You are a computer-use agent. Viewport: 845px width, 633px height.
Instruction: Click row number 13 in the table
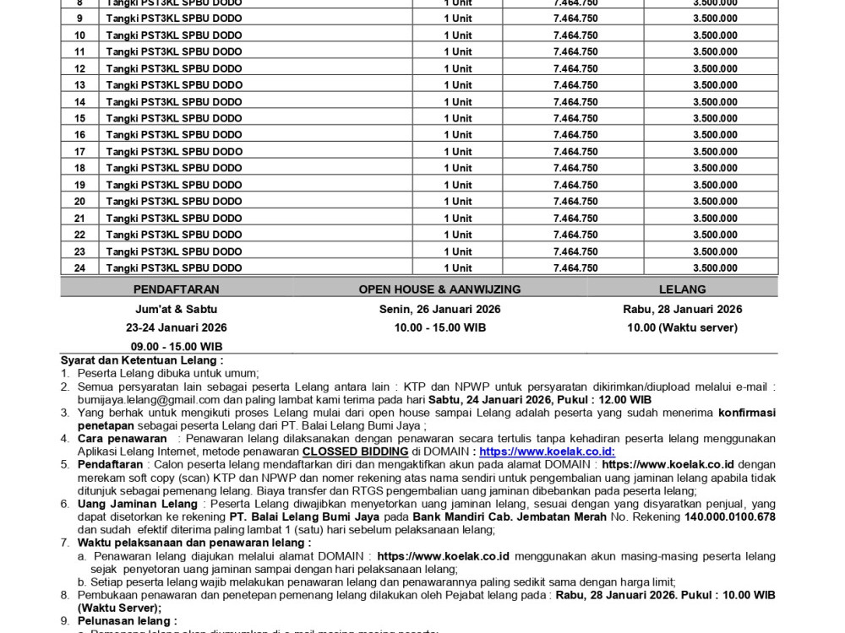79,85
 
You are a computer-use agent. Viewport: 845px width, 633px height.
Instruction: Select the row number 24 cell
79,268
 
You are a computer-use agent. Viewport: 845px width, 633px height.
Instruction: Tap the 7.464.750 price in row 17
575,152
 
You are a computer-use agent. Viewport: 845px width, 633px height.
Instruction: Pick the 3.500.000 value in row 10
715,35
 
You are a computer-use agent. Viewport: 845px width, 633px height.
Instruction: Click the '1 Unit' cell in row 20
458,202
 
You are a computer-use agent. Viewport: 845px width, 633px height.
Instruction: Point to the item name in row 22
174,235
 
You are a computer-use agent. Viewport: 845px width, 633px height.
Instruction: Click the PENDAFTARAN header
177,289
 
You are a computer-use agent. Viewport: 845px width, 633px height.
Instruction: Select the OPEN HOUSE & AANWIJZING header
439,289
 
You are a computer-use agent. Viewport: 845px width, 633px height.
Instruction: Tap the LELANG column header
682,289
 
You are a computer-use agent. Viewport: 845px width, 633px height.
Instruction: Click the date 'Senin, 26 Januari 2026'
439,309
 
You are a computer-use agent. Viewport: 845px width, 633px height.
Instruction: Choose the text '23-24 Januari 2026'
177,327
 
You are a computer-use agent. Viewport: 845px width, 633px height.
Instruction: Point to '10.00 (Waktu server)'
682,327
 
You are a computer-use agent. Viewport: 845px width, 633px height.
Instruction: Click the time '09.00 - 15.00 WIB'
177,346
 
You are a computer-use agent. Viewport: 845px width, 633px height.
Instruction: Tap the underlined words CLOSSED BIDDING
356,452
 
